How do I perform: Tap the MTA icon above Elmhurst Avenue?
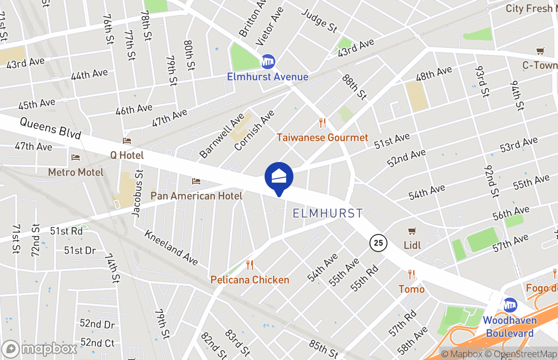[268, 61]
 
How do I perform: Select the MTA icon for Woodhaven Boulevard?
[510, 305]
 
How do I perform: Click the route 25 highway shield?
[378, 243]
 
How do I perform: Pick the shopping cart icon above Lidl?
[412, 231]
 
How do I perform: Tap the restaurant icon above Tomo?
[411, 274]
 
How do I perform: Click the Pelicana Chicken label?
[250, 280]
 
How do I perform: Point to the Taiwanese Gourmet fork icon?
[322, 123]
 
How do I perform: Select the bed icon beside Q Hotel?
[127, 141]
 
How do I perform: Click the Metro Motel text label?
[76, 172]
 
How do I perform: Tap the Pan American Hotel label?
[196, 196]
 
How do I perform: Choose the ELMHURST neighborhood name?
[328, 213]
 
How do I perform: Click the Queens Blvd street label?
[50, 128]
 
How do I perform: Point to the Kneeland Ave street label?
[171, 247]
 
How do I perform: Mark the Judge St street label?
[320, 21]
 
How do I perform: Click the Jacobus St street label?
[138, 193]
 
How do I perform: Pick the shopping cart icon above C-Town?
[540, 51]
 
